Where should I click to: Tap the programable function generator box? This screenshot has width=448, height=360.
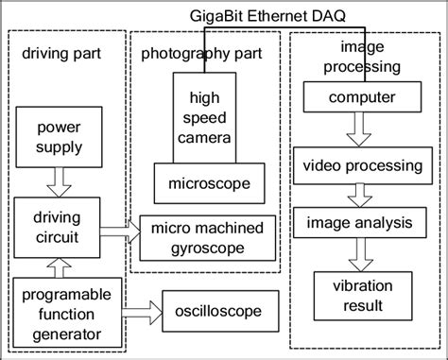pyautogui.click(x=62, y=310)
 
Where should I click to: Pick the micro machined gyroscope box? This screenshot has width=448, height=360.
pyautogui.click(x=208, y=236)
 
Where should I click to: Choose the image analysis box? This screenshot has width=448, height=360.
pyautogui.click(x=353, y=224)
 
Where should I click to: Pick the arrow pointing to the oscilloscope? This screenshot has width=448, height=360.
pyautogui.click(x=142, y=309)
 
